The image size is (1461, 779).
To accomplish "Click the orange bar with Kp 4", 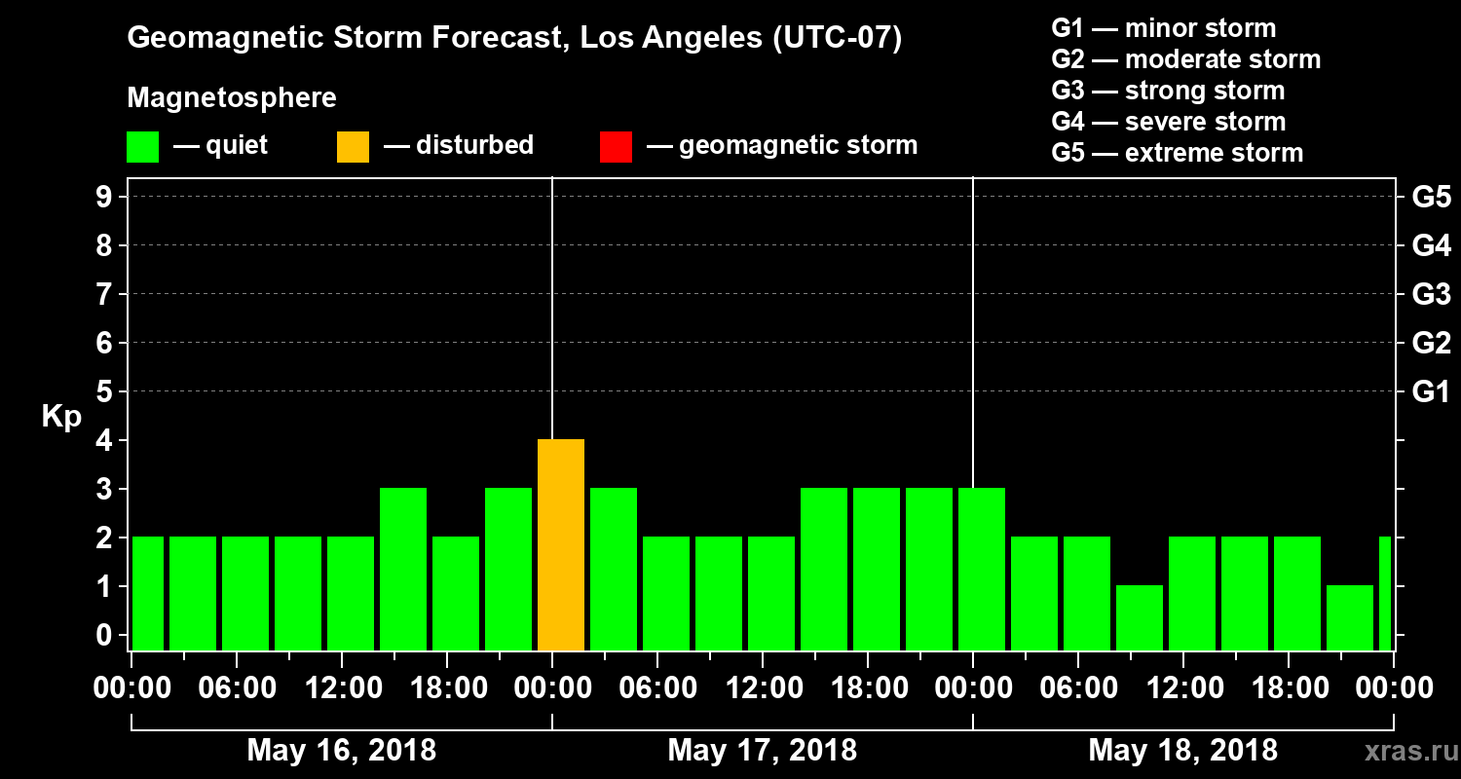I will [x=561, y=544].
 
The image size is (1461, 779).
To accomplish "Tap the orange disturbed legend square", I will [x=353, y=146].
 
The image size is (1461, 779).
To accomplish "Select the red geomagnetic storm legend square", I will [x=616, y=146].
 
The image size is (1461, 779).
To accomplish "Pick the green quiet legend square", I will [x=142, y=146].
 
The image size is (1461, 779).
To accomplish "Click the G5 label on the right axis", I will [x=1431, y=198].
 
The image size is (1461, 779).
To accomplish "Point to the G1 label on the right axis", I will [x=1431, y=392].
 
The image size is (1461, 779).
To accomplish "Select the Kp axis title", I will [x=61, y=416].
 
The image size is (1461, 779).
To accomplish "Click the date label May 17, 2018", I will [x=763, y=751].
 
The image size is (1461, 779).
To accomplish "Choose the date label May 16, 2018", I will [x=342, y=751].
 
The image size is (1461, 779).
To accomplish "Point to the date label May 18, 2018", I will [x=1182, y=751].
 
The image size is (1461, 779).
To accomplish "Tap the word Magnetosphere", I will [x=232, y=98].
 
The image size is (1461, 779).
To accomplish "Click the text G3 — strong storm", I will [x=1168, y=91].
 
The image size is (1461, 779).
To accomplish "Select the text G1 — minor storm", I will [x=1163, y=28].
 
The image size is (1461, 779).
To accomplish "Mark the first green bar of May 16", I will [x=148, y=593].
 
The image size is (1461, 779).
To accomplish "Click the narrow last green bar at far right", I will [x=1385, y=593].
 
